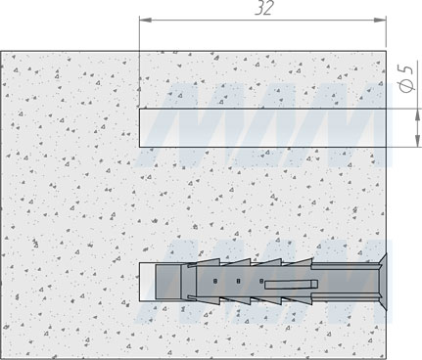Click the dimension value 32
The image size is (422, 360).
(263, 9)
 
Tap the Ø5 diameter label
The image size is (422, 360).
(406, 79)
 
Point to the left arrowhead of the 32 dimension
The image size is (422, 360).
(145, 20)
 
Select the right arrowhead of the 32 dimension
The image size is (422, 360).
(381, 20)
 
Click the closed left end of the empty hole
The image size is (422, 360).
(141, 126)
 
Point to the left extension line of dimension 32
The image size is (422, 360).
(140, 59)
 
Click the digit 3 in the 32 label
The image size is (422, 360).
(258, 9)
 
